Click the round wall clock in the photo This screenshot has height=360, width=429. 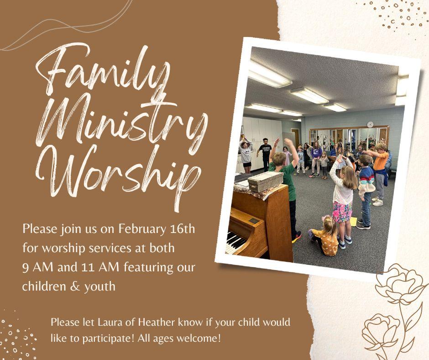tap(370, 124)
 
